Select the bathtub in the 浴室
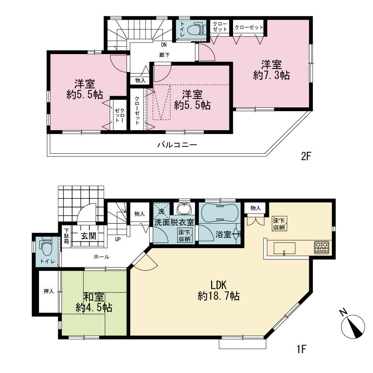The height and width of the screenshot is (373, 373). pos(220,213)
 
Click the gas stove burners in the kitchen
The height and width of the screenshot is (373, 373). pos(322,247)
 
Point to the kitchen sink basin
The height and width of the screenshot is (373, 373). pos(285,248)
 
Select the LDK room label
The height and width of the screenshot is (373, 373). pos(218,285)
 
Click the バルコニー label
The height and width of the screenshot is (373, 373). pos(177,145)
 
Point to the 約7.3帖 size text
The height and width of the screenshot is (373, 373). pos(272,75)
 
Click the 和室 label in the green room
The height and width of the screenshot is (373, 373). pos(94,297)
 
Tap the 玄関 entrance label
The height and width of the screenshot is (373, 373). pos(88,236)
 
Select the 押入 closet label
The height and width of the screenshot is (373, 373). pos(49,291)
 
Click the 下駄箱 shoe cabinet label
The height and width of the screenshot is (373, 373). pos(66,236)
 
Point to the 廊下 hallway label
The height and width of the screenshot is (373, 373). pos(164,55)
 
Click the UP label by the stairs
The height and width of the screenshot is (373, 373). pos(118,239)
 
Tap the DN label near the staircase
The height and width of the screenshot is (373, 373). pos(164,45)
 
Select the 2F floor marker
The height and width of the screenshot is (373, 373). pos(306,156)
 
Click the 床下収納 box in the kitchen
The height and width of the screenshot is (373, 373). pos(280,223)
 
